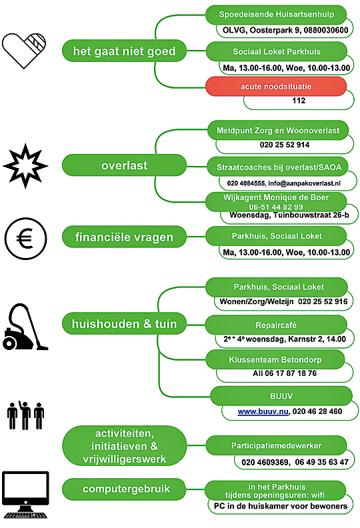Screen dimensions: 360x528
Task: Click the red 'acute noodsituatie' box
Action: (276, 87)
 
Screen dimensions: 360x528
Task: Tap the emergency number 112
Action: (299, 101)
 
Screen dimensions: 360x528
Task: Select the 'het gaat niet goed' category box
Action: (124, 51)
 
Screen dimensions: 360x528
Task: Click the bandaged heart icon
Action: (23, 51)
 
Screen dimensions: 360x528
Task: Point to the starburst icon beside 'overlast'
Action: (25, 166)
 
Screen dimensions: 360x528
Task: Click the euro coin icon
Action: (25, 239)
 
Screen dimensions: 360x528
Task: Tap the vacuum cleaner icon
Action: (25, 327)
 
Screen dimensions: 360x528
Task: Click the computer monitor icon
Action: (25, 494)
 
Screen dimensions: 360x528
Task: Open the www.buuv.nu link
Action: (263, 411)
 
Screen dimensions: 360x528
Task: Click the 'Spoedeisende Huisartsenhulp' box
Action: (276, 15)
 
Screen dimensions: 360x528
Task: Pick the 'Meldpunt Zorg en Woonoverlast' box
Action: (278, 130)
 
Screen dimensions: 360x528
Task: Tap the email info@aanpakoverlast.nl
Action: (304, 183)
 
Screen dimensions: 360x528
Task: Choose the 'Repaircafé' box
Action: (276, 325)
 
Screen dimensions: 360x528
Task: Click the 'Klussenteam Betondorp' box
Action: (275, 359)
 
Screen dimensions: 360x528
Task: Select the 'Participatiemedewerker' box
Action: (276, 445)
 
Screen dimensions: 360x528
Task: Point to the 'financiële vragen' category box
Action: (124, 237)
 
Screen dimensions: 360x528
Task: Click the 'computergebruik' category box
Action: (124, 489)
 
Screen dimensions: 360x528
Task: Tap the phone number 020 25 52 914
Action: (285, 145)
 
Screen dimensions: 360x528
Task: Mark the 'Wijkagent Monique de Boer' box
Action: (276, 202)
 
